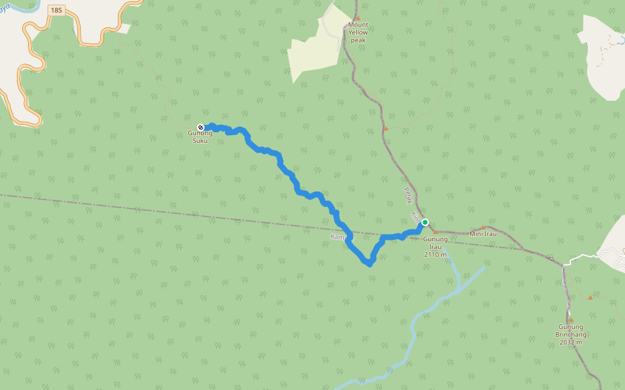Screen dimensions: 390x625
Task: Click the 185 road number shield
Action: (57, 10)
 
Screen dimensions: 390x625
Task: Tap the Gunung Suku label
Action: (201, 136)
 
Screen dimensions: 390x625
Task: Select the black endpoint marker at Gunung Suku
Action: (201, 127)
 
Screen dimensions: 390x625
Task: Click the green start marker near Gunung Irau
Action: (425, 222)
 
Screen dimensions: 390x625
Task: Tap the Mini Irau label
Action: (483, 234)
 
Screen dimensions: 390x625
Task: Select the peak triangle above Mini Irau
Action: (483, 227)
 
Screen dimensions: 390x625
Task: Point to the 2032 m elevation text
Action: (570, 342)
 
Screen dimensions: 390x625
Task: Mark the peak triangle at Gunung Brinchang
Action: (570, 320)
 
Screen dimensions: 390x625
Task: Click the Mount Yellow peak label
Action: (357, 32)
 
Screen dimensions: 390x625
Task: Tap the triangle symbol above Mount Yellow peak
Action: (357, 18)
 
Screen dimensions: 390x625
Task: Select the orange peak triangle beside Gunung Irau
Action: (436, 231)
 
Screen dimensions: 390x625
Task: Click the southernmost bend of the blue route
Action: (369, 264)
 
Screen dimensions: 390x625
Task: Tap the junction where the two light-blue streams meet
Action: (458, 290)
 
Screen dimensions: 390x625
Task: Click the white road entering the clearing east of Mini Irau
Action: (583, 257)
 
